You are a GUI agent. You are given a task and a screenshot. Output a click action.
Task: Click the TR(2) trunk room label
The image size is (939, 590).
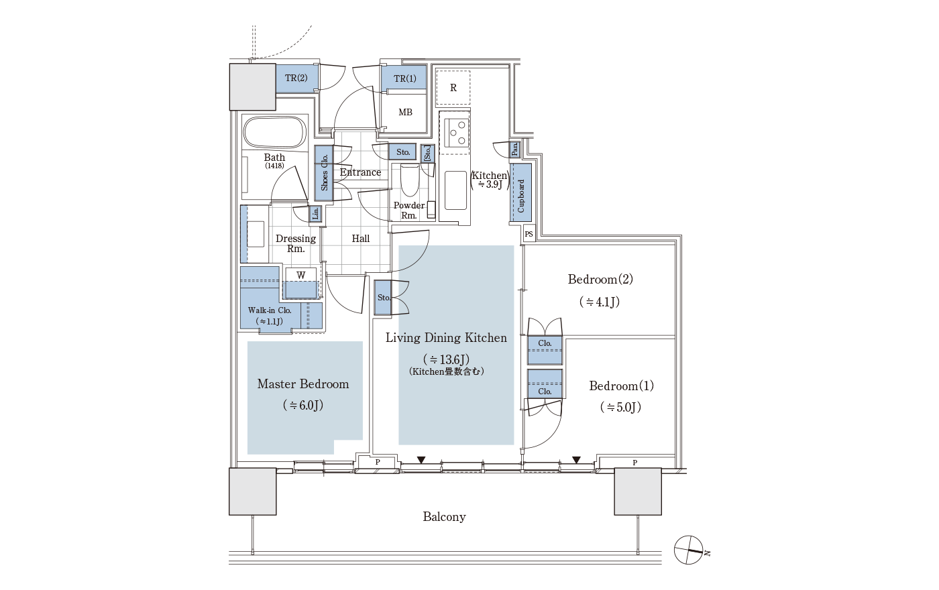[296, 78]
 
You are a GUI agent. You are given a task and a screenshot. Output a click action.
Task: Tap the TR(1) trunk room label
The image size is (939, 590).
[405, 78]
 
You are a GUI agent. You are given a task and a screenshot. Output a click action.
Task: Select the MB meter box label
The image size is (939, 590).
[405, 113]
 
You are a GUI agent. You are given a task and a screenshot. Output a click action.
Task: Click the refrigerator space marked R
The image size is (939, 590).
[453, 88]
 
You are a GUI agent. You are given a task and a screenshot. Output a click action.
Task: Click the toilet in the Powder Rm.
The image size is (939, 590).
[410, 180]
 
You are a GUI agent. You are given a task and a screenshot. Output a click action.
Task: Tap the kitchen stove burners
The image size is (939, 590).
[457, 133]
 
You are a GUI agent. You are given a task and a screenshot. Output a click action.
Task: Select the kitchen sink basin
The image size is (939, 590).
[455, 190]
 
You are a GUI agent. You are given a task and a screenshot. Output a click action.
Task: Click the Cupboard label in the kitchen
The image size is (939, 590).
[521, 196]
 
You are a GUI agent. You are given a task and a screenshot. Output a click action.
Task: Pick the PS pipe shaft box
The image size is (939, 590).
[529, 234]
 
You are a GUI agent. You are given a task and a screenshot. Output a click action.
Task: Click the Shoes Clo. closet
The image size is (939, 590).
[324, 173]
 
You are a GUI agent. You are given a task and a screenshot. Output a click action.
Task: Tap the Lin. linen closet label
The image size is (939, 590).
[316, 213]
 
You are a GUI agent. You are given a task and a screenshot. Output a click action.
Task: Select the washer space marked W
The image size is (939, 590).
[301, 275]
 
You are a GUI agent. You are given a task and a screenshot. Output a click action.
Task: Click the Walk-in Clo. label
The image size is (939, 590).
[270, 310]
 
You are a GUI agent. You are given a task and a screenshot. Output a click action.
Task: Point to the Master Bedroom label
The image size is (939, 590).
[303, 383]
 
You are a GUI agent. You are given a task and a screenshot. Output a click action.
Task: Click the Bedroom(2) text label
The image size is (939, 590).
[600, 279]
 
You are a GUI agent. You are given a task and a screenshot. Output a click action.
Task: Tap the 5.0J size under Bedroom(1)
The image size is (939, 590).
[620, 407]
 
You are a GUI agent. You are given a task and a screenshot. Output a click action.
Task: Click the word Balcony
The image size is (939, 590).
[444, 517]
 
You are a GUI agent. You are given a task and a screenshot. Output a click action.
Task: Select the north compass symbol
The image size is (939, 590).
[689, 550]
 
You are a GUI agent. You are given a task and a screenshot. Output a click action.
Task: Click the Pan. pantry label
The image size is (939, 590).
[515, 149]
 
